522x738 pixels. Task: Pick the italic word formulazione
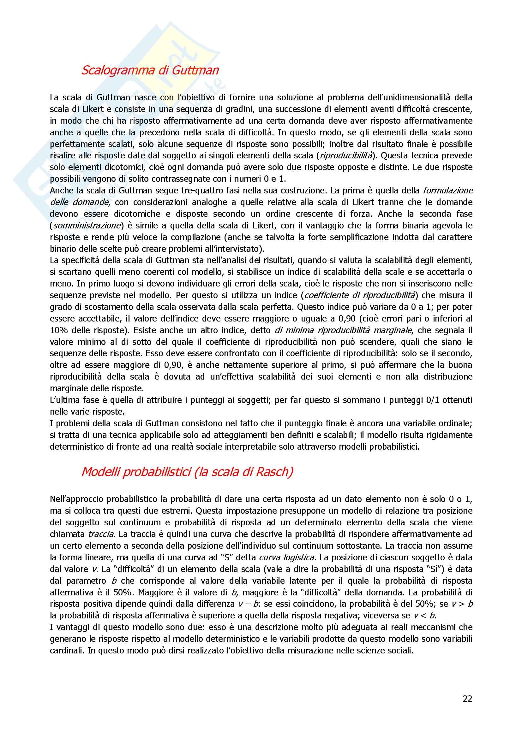(447, 190)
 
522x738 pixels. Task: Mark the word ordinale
(457, 423)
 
